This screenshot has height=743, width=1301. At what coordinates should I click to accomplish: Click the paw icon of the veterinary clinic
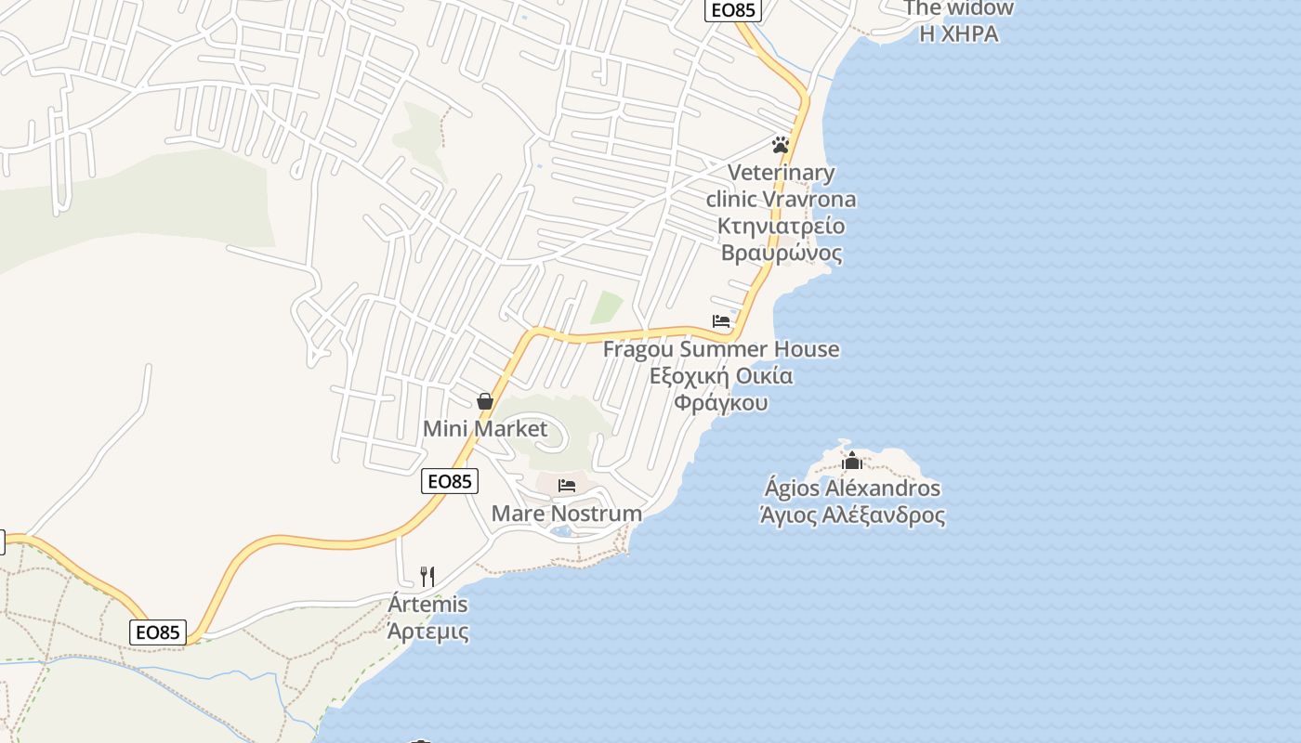pyautogui.click(x=780, y=145)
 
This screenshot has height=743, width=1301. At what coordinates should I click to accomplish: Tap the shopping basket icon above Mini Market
pyautogui.click(x=484, y=401)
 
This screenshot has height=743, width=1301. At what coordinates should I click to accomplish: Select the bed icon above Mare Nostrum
pyautogui.click(x=567, y=485)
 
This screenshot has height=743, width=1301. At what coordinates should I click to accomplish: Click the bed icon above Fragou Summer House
pyautogui.click(x=721, y=321)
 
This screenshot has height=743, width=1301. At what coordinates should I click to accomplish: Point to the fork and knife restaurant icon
pyautogui.click(x=427, y=576)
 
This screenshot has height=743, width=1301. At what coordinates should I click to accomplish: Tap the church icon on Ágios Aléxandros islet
pyautogui.click(x=851, y=460)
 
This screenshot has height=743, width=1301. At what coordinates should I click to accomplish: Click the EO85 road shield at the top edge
pyautogui.click(x=732, y=10)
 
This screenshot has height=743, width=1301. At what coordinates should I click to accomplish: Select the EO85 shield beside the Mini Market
pyautogui.click(x=450, y=481)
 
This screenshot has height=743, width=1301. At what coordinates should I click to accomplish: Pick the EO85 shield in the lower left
pyautogui.click(x=158, y=632)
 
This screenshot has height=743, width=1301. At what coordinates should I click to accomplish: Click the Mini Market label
pyautogui.click(x=485, y=429)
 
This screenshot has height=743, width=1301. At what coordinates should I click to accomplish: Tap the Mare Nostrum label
pyautogui.click(x=566, y=514)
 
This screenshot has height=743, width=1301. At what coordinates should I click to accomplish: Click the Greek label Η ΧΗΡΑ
pyautogui.click(x=959, y=34)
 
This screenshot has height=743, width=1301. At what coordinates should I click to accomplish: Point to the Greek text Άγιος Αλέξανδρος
pyautogui.click(x=852, y=515)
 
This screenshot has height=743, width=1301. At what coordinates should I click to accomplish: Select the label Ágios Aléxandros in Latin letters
pyautogui.click(x=852, y=488)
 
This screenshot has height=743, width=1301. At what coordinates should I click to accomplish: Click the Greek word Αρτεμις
pyautogui.click(x=427, y=632)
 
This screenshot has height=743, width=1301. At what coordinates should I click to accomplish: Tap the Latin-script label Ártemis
pyautogui.click(x=427, y=605)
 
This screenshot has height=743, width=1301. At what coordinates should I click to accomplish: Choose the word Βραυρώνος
pyautogui.click(x=782, y=253)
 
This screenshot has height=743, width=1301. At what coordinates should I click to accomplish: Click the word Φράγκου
pyautogui.click(x=721, y=403)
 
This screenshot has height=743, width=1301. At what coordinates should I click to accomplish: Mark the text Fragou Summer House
pyautogui.click(x=721, y=349)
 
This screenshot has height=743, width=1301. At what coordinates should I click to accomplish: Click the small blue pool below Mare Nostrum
pyautogui.click(x=561, y=531)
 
